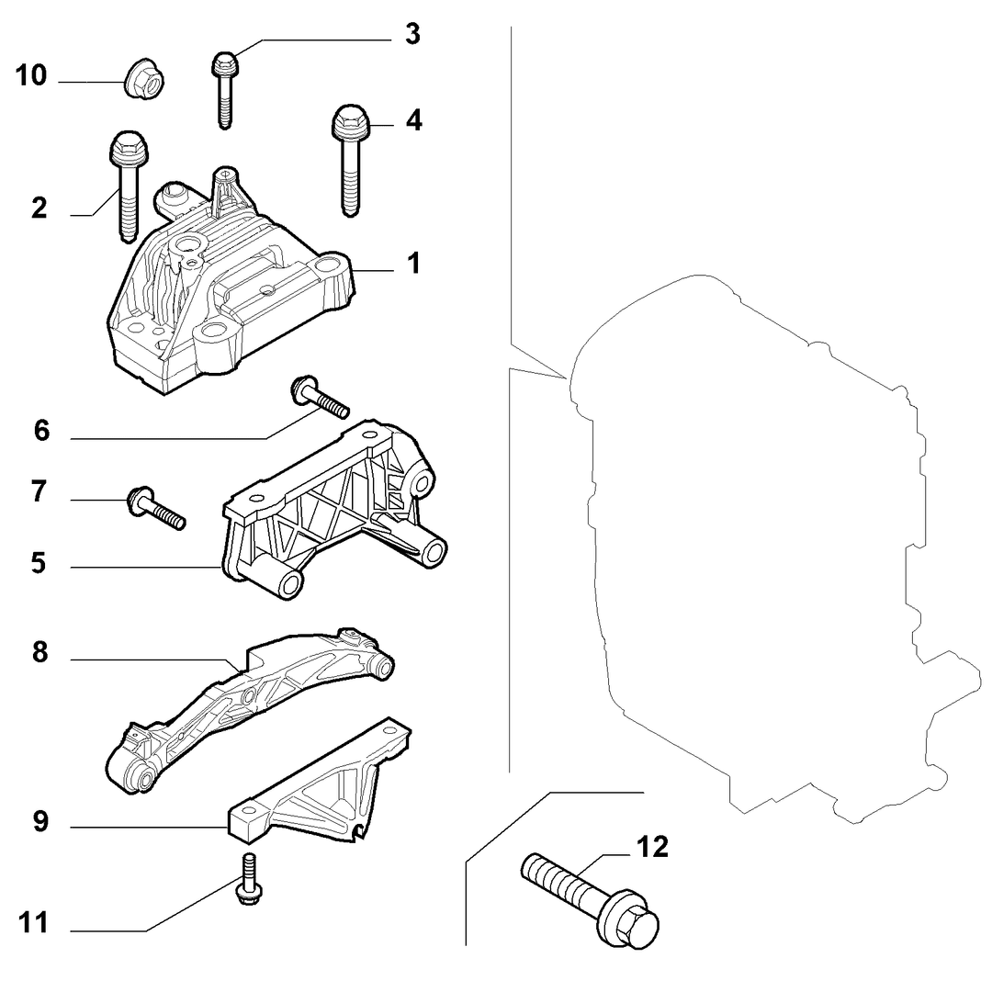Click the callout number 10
coord(31,75)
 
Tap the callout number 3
coord(412,34)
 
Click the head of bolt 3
coord(225,64)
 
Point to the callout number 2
coord(39,209)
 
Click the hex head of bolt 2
coord(129,147)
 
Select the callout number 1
coord(413,264)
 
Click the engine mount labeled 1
coord(231,282)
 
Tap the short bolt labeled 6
coord(320,398)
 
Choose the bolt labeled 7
coord(156,508)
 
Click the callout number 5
coord(39,562)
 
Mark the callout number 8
coord(39,651)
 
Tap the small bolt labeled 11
coord(249,880)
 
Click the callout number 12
coord(652,847)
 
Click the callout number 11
coord(33,923)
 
